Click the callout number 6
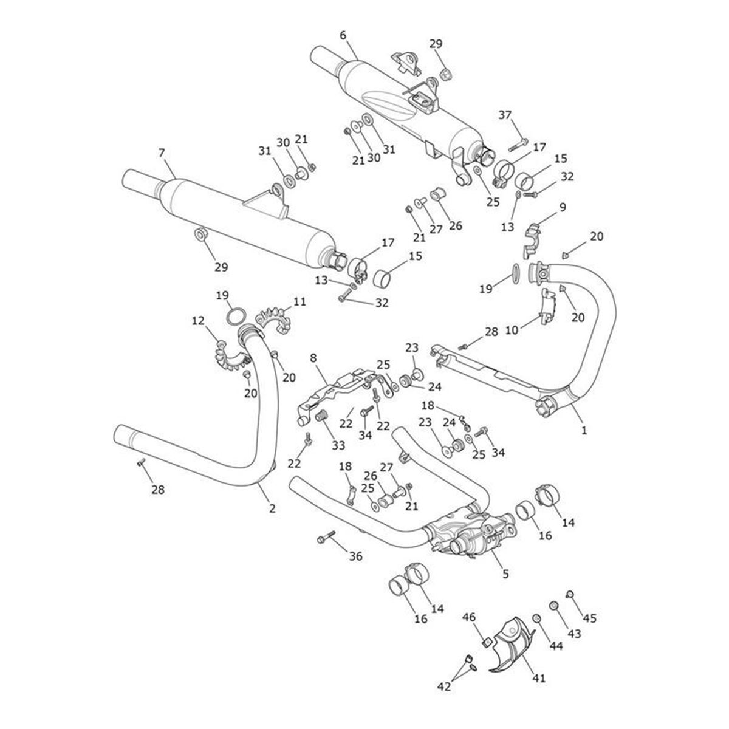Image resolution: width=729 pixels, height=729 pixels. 343,35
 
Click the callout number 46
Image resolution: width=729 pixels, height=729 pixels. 470,618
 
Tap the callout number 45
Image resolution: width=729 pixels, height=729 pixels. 589,618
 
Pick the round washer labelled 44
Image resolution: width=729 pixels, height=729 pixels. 536,618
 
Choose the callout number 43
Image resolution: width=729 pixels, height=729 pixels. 574,633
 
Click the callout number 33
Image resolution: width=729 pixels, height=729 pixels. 338,445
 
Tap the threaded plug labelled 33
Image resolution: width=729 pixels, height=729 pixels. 322,417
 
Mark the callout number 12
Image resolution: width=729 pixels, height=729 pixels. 199,320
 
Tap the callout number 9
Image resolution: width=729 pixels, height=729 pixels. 563,207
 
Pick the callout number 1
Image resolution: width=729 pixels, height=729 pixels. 584,430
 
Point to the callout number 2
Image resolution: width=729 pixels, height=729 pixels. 272,508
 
